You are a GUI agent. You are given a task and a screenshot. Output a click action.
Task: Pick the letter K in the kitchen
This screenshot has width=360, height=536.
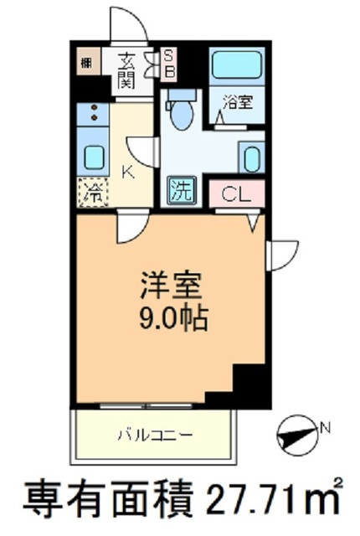(128, 173)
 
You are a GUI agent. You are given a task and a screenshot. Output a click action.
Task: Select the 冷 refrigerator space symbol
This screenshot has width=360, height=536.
(93, 193)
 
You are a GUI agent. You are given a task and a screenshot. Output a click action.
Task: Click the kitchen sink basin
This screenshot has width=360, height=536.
(93, 157)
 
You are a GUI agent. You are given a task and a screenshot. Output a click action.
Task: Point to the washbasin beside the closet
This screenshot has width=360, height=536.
(249, 157)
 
